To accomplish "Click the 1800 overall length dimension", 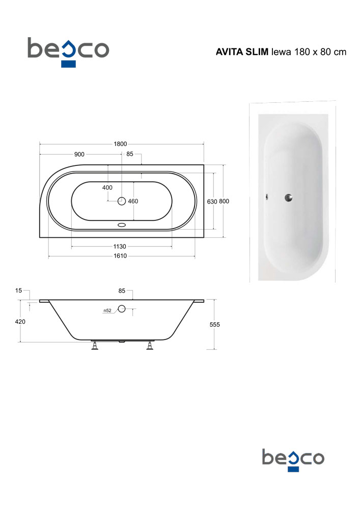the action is (120, 144).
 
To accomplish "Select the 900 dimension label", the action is (79, 154).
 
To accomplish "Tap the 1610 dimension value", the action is (120, 256).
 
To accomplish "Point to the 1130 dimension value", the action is (120, 246).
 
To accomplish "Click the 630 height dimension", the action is (212, 202).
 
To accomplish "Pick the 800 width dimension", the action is (224, 201).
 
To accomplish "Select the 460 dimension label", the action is (133, 201).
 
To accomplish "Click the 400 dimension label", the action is (107, 188).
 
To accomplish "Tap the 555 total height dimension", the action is (214, 325).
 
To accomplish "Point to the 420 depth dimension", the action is (20, 322).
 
